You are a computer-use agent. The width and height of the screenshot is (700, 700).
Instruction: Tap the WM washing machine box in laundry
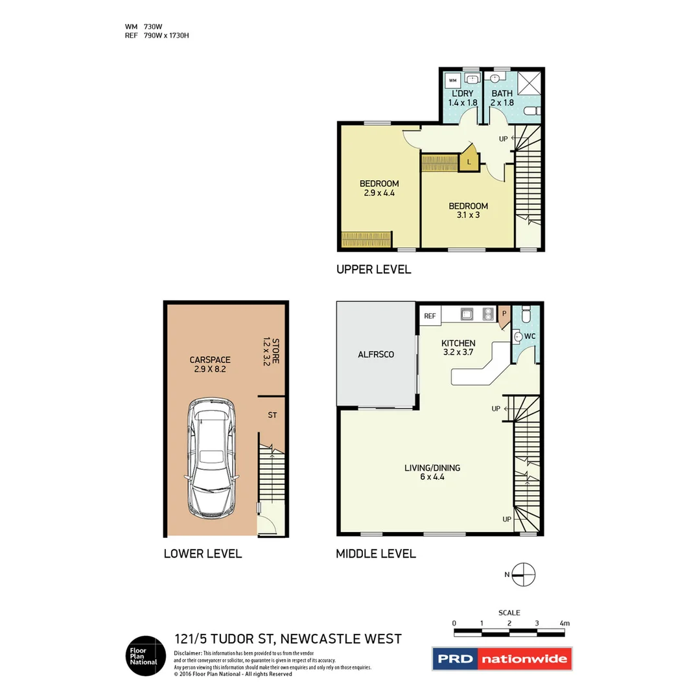point(453,80)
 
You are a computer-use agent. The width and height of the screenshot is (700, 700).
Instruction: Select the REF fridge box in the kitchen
point(429,316)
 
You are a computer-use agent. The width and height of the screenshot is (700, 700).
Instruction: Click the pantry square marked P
point(504,314)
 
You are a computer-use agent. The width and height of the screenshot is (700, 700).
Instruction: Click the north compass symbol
point(524,574)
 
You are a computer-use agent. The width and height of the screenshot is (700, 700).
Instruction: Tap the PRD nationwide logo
point(502,659)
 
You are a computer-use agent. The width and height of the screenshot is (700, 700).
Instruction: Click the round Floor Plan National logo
point(143,655)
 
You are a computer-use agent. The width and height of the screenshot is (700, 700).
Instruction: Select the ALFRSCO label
point(376,355)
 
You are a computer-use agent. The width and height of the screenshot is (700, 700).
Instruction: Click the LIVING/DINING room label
point(432,468)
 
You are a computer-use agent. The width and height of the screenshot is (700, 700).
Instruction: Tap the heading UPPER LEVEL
point(373,270)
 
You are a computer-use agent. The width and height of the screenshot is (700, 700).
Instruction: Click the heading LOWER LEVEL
point(202,554)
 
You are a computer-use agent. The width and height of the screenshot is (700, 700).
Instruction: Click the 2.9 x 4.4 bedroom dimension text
point(379,192)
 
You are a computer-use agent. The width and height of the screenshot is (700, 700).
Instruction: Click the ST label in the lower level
point(272,414)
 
